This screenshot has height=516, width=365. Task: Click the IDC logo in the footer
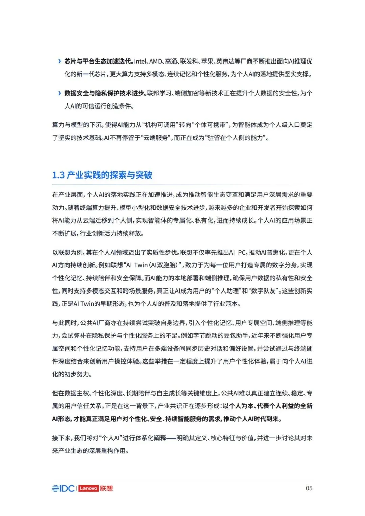(x=63, y=488)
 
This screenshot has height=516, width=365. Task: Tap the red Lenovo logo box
(x=89, y=488)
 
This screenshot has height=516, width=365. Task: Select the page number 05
(x=309, y=488)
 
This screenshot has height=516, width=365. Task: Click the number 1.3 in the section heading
(x=58, y=175)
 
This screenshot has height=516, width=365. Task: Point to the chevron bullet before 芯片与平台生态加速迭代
(x=60, y=61)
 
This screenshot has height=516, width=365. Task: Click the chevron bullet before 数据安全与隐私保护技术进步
(x=60, y=93)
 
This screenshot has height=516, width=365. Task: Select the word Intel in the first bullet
(x=140, y=61)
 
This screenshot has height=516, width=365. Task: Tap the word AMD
(x=155, y=61)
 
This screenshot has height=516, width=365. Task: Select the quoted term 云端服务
(x=156, y=138)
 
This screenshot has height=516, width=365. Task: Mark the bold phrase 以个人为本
(x=238, y=406)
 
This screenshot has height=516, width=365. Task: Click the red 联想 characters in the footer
(x=106, y=488)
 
